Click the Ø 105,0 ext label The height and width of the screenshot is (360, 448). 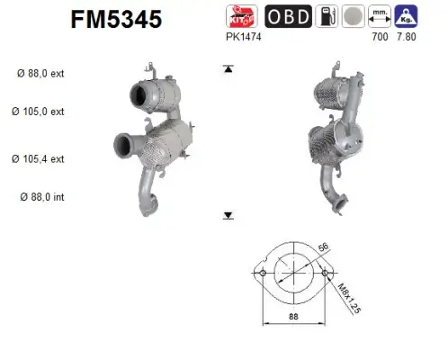[x=39, y=112]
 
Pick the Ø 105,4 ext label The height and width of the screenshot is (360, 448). [x=39, y=158]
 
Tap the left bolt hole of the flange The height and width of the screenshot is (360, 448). [x=261, y=273]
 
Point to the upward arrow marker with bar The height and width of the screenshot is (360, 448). [x=228, y=68]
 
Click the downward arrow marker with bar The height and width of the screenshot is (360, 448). [x=228, y=216]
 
